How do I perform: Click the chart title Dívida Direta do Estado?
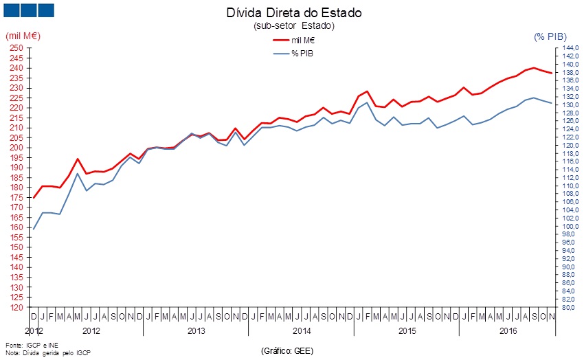pos(294,12)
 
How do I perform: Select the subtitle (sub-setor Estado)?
pos(294,25)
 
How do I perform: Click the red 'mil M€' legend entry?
pos(294,41)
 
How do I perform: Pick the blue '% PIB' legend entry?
pos(293,54)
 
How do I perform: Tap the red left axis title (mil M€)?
pos(23,36)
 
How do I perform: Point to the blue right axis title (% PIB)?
pos(550,36)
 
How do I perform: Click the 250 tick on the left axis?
pos(16,48)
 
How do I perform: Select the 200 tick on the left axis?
pos(16,148)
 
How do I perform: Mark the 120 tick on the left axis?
pos(16,308)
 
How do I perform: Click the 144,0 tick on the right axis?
pos(570,48)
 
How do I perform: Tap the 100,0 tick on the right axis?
pos(570,226)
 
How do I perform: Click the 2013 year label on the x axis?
pos(196,330)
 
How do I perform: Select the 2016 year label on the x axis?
pos(508,330)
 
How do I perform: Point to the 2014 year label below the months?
pos(302,330)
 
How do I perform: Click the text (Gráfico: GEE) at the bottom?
pos(287,350)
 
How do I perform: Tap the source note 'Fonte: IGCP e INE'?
pos(32,346)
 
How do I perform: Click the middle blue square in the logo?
pos(29,10)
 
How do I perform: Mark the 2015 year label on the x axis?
pos(407,330)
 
